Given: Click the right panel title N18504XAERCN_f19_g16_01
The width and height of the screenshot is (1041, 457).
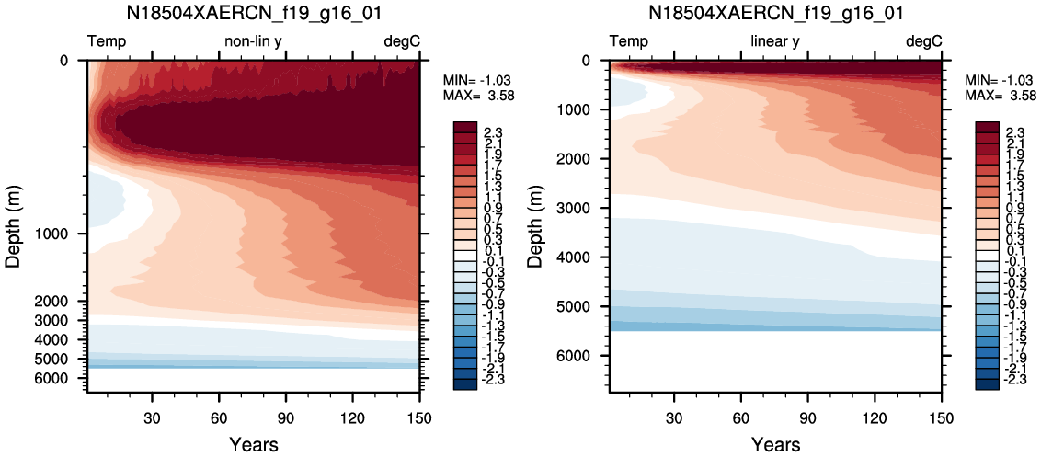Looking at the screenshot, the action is [x=775, y=13].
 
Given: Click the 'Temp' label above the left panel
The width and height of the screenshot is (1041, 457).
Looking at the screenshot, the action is [x=107, y=42].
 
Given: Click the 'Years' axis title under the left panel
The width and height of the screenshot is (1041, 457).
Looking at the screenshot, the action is [x=254, y=444].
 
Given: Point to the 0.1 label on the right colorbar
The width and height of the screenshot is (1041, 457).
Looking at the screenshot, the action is [x=990, y=250].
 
